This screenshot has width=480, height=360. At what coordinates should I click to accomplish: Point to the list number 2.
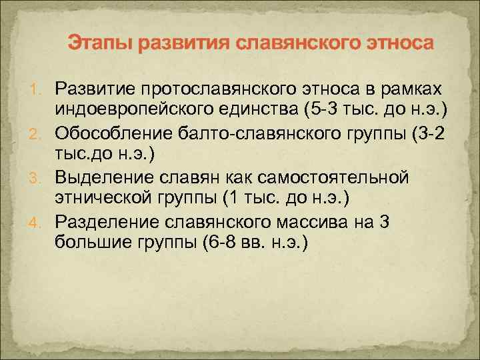pyautogui.click(x=40, y=135)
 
